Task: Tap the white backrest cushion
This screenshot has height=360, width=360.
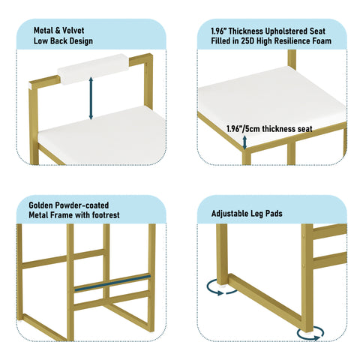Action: [93, 69]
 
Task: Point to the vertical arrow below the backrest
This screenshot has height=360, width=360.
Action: [91, 98]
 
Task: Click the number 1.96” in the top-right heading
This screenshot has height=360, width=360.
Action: [218, 31]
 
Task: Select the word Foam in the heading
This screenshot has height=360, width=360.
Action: [322, 40]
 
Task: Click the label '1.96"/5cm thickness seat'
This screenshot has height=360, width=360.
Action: [269, 129]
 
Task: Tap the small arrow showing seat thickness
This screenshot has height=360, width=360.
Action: [244, 142]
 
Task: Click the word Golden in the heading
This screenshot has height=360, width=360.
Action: [40, 205]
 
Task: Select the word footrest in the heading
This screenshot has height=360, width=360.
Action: [106, 215]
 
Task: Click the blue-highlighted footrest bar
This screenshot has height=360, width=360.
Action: [112, 283]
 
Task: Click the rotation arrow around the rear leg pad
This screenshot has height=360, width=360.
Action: [221, 288]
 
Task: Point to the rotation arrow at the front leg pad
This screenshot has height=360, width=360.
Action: [310, 334]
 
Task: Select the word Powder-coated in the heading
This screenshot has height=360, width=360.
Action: [82, 205]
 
